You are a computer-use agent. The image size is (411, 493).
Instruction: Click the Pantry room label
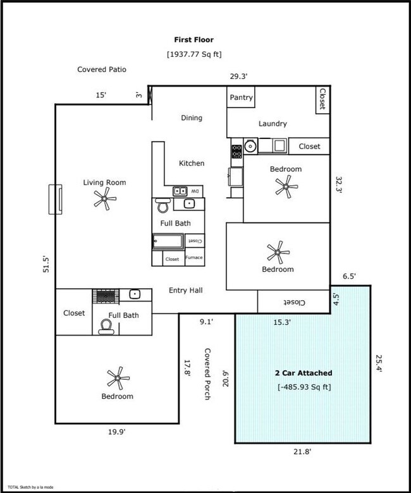pos(242,98)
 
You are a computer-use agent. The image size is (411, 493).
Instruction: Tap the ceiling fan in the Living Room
pos(105,200)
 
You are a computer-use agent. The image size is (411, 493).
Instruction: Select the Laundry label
pos(273,124)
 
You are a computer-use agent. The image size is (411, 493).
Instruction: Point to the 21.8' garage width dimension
pos(303,451)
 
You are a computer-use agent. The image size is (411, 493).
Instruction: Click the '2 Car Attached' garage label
pos(303,373)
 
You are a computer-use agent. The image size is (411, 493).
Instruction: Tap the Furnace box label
pos(194,258)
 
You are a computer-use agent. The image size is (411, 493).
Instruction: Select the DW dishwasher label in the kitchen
pos(195,191)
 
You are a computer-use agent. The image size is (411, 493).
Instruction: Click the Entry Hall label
pos(185,291)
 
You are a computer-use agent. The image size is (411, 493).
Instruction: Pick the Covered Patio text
pos(102,70)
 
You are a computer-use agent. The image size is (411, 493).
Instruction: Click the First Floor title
pos(194,39)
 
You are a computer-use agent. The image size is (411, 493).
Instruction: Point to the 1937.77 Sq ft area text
pos(194,54)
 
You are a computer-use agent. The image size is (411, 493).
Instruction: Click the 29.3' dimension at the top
pos(238,77)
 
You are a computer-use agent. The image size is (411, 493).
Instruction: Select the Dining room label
pos(192,118)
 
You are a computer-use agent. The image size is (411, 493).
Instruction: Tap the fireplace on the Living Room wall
pos(56,199)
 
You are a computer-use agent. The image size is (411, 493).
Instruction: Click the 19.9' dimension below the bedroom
pos(116,432)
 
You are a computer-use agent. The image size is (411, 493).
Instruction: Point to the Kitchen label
pos(192,163)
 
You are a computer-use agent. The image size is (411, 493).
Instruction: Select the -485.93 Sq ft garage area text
pos(303,387)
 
